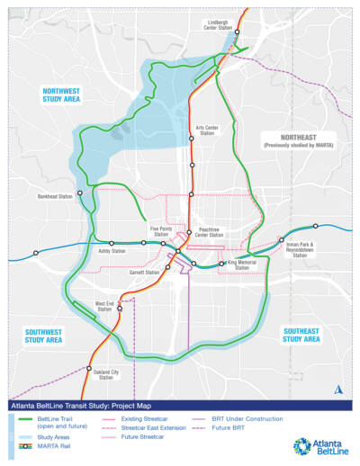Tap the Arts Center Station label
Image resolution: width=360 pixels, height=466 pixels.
(x=207, y=130)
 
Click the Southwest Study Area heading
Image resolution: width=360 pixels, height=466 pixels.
(x=43, y=336)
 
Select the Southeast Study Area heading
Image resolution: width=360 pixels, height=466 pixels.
(x=301, y=335)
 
